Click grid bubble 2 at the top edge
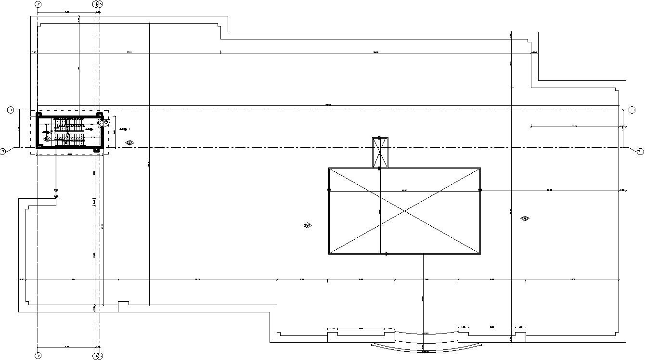(x=39, y=4)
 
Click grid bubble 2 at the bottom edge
(x=39, y=356)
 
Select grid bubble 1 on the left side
(x=11, y=110)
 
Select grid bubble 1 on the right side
(x=632, y=110)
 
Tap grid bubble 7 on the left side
(x=3, y=152)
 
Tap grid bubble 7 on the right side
(x=640, y=152)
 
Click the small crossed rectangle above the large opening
(x=380, y=152)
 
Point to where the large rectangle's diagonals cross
(x=404, y=211)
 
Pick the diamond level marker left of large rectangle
(x=307, y=225)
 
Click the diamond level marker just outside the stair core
(x=129, y=142)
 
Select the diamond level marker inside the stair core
(x=47, y=139)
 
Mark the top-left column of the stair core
(x=39, y=115)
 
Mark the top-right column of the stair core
(x=99, y=115)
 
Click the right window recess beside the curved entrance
(x=491, y=333)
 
